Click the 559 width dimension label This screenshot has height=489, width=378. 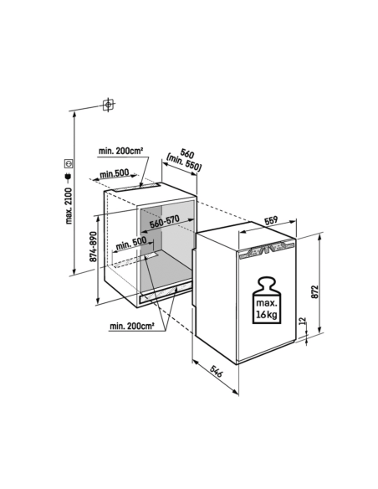[x=271, y=220]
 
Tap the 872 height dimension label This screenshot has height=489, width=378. [x=314, y=291]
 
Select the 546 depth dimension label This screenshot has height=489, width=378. [x=216, y=372]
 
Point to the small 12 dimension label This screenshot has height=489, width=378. [x=302, y=322]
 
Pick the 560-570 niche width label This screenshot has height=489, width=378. [x=165, y=221]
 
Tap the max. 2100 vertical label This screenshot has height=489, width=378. [x=69, y=205]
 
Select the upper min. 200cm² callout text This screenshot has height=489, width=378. [x=120, y=151]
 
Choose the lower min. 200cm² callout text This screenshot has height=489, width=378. [x=131, y=327]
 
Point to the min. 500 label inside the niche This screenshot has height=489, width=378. [x=131, y=244]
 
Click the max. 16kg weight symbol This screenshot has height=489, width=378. [x=266, y=301]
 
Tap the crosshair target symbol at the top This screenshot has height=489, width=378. [x=108, y=105]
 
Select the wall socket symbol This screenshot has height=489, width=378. [x=69, y=162]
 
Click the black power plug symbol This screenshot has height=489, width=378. [x=69, y=177]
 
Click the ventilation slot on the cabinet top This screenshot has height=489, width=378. [x=137, y=187]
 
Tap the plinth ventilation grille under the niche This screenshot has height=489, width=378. [x=165, y=293]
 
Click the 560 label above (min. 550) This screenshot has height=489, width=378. [x=187, y=154]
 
